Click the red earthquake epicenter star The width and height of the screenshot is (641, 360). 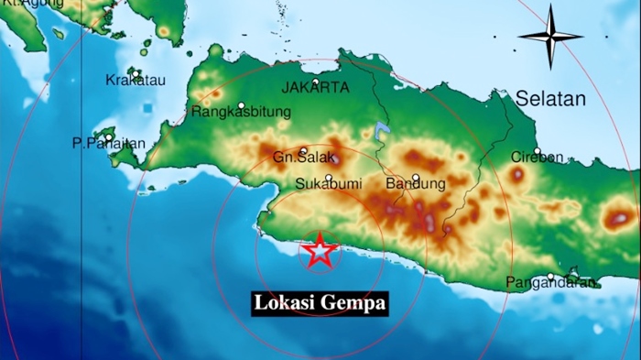pyautogui.click(x=320, y=250)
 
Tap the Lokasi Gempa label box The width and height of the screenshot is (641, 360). pyautogui.click(x=320, y=303)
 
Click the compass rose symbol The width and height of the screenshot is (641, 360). pyautogui.click(x=550, y=37)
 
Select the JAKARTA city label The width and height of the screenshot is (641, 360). pyautogui.click(x=316, y=88)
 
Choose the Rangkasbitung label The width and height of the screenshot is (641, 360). pyautogui.click(x=241, y=112)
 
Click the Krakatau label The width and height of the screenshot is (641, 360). pyautogui.click(x=135, y=80)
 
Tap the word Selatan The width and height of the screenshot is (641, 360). pyautogui.click(x=549, y=99)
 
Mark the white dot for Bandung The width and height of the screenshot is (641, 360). pyautogui.click(x=415, y=178)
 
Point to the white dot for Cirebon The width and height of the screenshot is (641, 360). pyautogui.click(x=538, y=151)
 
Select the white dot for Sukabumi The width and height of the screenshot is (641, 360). pyautogui.click(x=329, y=178)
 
